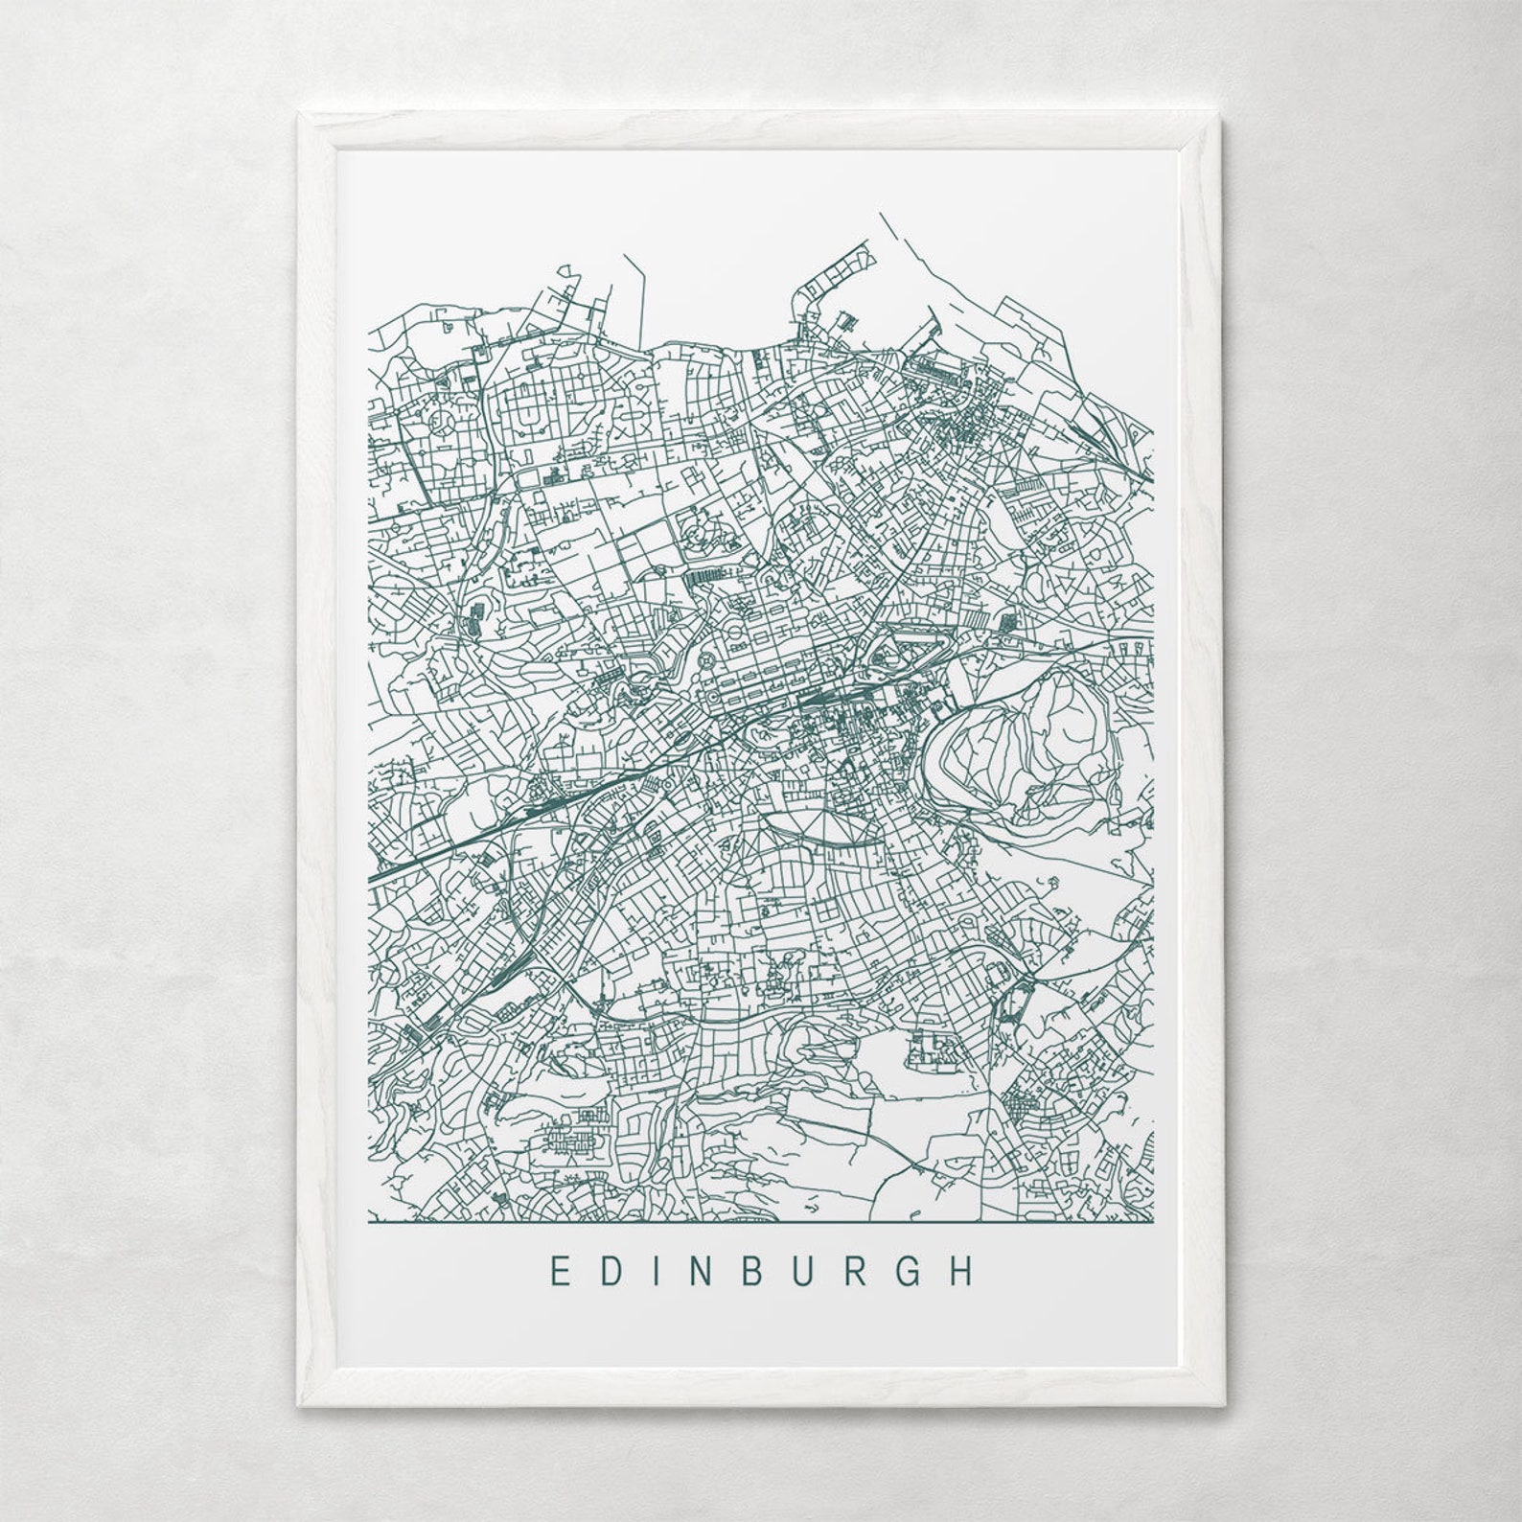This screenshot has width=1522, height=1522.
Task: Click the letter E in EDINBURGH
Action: coord(557,1272)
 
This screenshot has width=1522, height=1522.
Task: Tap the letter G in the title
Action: coord(912,1272)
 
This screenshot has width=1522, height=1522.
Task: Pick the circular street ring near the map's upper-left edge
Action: coord(443,429)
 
